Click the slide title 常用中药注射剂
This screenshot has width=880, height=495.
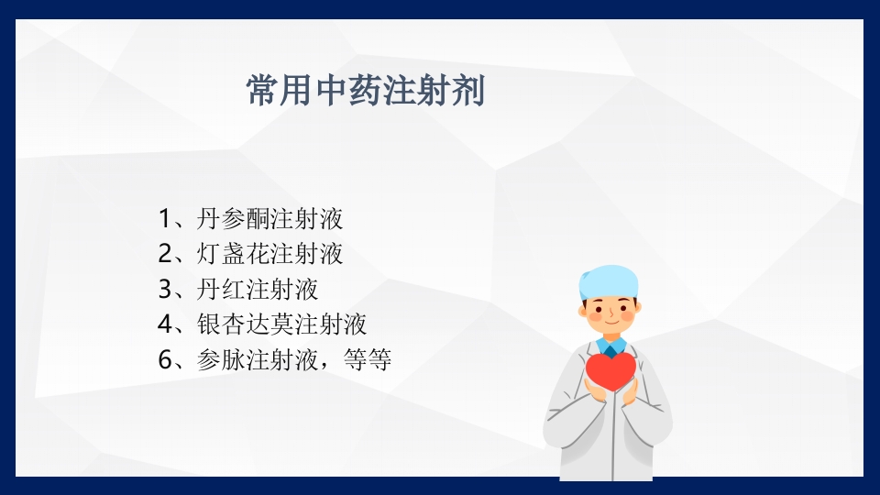tap(365, 92)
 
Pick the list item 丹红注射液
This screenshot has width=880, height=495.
tap(258, 290)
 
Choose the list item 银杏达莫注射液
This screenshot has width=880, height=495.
tap(282, 324)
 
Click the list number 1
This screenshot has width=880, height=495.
tap(165, 219)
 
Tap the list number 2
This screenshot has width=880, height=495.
tap(165, 254)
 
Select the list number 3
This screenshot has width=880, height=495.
tap(165, 290)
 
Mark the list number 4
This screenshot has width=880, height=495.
tap(165, 324)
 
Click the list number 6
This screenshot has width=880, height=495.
tap(165, 360)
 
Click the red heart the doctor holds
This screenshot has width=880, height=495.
tap(610, 370)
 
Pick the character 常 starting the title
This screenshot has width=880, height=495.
tap(262, 92)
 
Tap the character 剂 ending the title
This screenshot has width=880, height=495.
tap(467, 92)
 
